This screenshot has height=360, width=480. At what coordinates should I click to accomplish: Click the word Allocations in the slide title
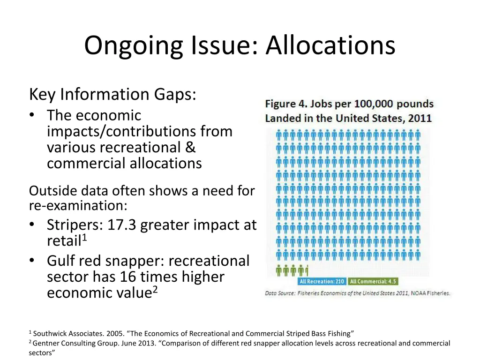[x=330, y=46]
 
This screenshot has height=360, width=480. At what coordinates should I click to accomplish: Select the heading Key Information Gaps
[x=112, y=94]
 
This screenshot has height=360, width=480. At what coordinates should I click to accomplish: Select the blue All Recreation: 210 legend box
[x=322, y=282]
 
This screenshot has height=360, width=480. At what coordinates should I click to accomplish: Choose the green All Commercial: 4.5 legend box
[x=374, y=282]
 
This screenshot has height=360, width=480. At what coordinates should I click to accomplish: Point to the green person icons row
[x=292, y=270]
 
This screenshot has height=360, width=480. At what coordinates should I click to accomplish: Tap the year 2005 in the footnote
[x=116, y=334]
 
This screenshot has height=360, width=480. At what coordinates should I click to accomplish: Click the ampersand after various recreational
[x=190, y=147]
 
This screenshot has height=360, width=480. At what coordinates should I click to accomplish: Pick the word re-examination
[x=77, y=205]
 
